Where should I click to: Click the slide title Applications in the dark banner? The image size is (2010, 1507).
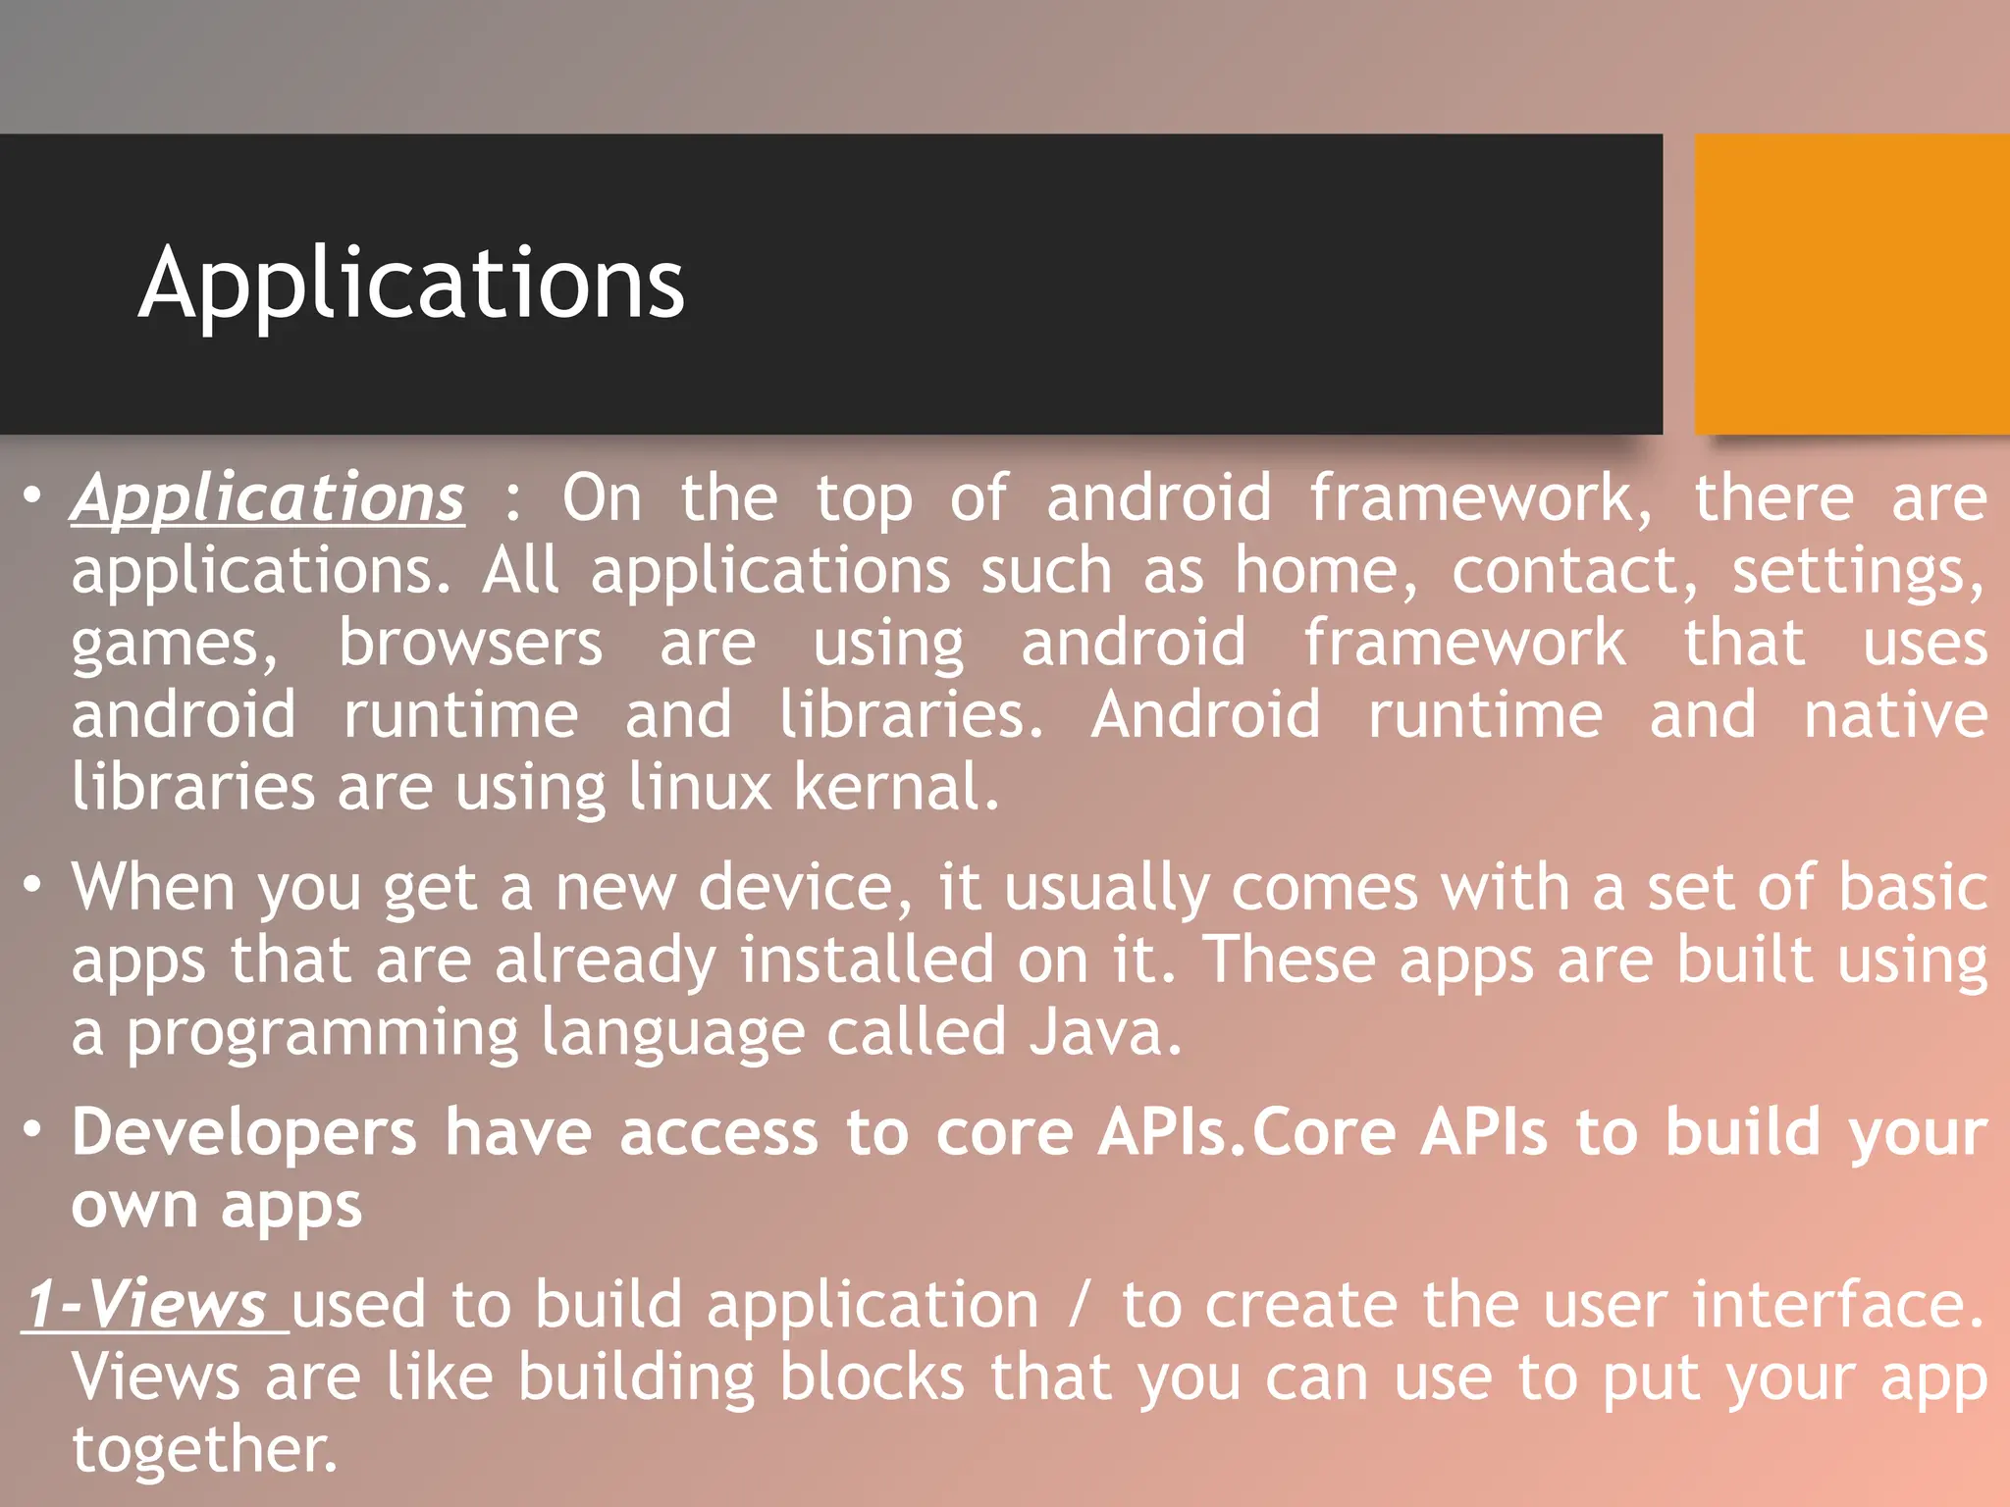point(411,284)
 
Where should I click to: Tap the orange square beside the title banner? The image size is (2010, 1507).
point(1852,284)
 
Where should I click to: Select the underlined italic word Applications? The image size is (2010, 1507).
point(268,497)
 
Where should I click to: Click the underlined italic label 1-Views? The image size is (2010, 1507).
point(147,1305)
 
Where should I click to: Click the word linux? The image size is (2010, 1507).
point(700,787)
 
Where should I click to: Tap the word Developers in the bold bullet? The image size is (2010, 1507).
point(244,1132)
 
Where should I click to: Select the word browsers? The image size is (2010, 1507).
point(470,644)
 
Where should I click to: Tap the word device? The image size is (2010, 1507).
point(796,887)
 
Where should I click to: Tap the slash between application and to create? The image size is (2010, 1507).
point(1081,1305)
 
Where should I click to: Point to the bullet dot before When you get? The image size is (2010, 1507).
point(33,885)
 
